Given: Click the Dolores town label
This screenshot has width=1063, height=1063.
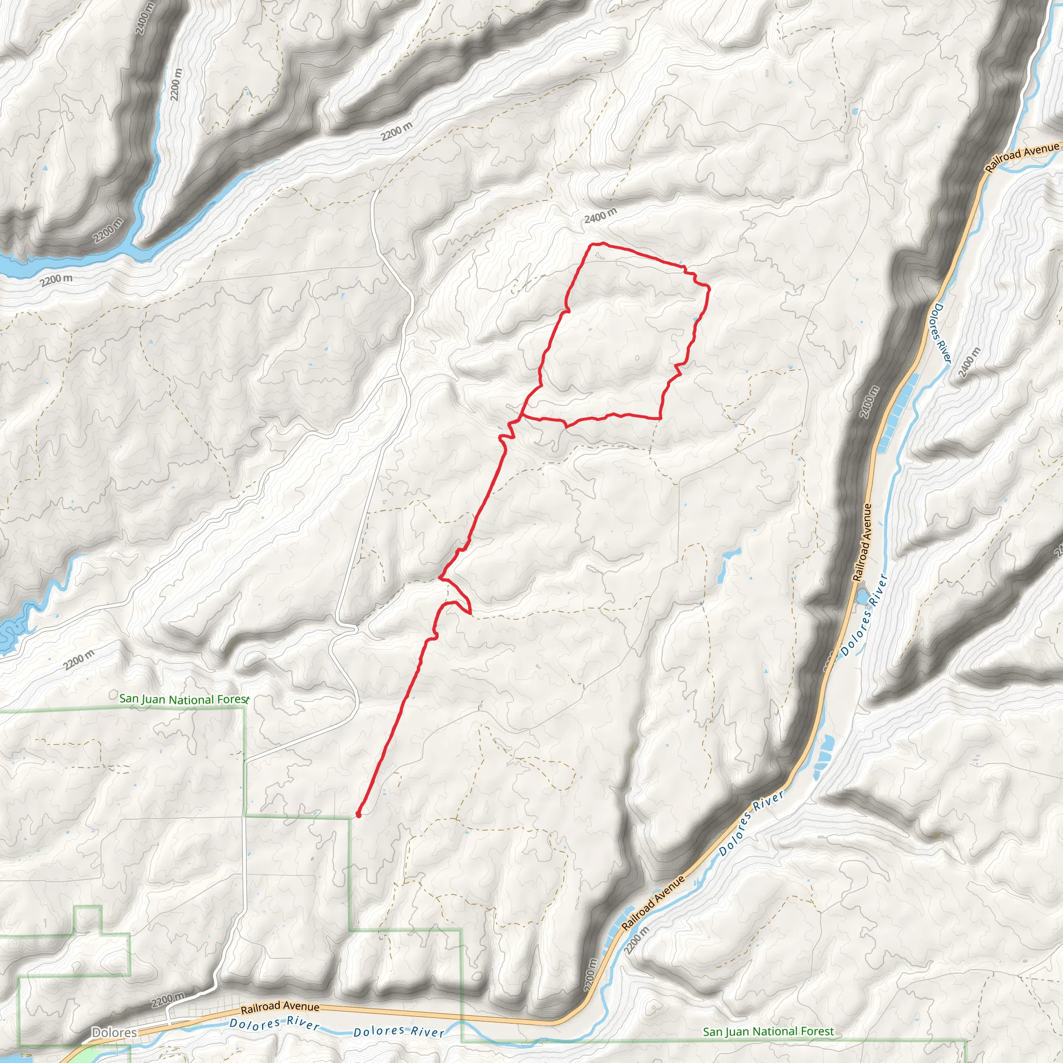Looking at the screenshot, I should point(114,1032).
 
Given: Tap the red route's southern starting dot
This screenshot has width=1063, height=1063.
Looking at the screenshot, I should point(358,814).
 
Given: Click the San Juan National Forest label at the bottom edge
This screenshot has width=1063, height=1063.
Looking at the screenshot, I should point(768,1032).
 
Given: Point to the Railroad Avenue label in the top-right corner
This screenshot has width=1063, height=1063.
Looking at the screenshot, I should point(1021,156).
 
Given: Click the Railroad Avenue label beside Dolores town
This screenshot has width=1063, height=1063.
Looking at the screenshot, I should point(280,1006).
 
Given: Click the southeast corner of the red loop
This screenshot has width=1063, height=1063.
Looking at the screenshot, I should point(660,418).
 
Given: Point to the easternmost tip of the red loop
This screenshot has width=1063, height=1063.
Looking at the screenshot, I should point(709,287).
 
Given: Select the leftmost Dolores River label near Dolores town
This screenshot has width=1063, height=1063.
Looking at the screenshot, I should point(274,1024).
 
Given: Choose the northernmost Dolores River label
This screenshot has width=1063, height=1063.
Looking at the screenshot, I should point(940,333).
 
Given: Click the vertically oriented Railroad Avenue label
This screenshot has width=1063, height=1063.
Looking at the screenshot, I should point(862,542).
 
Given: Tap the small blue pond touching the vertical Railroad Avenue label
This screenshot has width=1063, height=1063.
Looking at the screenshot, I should point(862,596).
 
